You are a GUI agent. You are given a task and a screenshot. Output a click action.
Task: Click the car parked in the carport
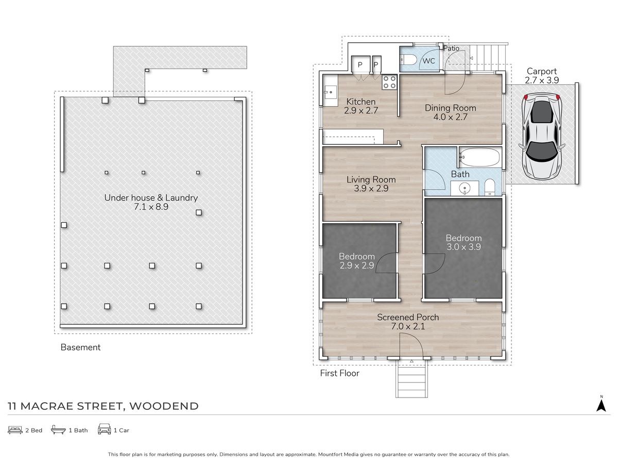[542, 136]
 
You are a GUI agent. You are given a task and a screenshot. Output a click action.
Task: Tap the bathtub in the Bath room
[480, 157]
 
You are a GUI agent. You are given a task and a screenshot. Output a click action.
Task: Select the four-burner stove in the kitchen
[389, 82]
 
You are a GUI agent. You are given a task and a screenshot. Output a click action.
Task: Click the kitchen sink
[330, 92]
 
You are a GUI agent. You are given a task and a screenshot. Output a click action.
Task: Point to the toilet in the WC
[408, 59]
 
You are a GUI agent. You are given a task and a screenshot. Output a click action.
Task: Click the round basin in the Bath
[465, 188]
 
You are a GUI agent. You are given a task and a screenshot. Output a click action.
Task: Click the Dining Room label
[450, 108]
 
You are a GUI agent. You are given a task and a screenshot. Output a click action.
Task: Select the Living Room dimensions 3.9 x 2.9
[371, 189]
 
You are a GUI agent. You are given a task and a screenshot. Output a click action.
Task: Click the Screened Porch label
[408, 317]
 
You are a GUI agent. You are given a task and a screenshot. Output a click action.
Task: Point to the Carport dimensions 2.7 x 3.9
[541, 80]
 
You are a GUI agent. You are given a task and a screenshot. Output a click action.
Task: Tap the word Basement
[80, 347]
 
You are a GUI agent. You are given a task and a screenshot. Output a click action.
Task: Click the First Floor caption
[339, 373]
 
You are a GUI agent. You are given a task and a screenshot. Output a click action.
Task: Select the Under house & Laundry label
[151, 198]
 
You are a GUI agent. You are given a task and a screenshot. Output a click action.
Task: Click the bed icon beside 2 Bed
[15, 430]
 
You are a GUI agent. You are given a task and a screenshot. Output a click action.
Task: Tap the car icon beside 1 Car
[105, 429]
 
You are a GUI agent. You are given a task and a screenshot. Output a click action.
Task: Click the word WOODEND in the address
[164, 406]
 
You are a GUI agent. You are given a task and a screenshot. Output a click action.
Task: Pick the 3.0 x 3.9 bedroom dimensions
[463, 247]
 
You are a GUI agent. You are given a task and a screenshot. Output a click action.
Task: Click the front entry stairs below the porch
[411, 378]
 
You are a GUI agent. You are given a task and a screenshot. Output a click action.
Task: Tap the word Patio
[451, 48]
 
